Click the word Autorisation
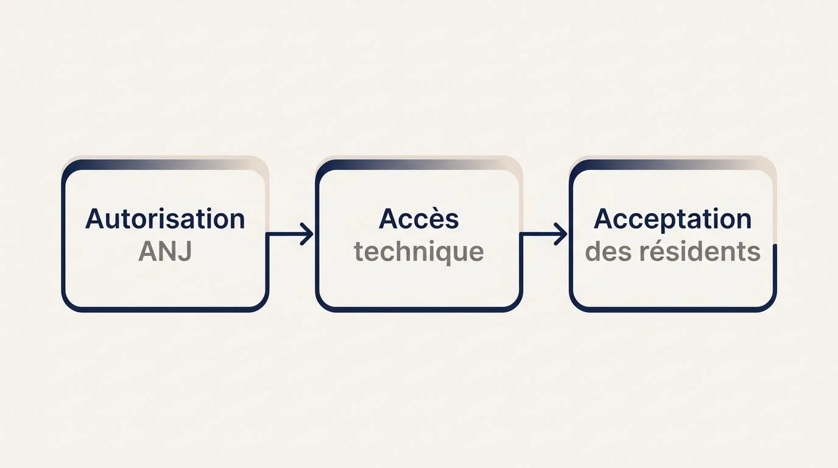click(x=165, y=219)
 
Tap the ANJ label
click(x=165, y=251)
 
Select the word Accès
click(x=418, y=219)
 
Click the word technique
click(x=418, y=252)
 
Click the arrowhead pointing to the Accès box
click(x=307, y=234)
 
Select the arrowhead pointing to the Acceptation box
click(x=561, y=234)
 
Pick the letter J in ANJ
click(x=186, y=251)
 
